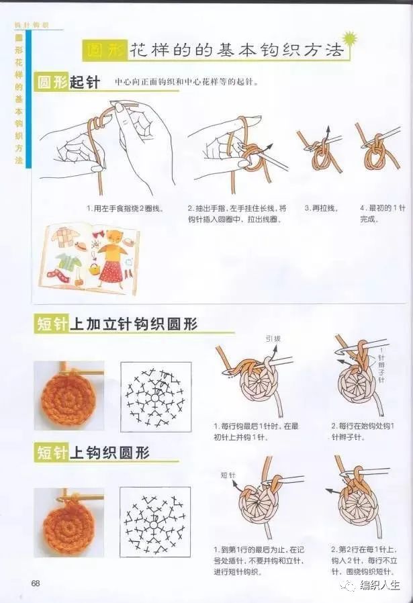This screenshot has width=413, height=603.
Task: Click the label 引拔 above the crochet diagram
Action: pos(273,338)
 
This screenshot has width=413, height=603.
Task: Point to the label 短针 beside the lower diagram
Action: pos(228,475)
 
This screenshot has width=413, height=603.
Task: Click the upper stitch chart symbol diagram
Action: pos(155,396)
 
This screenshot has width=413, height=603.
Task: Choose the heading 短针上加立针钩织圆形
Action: pos(116,324)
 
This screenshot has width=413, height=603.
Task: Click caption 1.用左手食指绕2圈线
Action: pos(125,208)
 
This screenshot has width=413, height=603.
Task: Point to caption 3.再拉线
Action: pos(320,208)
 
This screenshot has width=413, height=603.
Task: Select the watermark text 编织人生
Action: pos(379,586)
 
